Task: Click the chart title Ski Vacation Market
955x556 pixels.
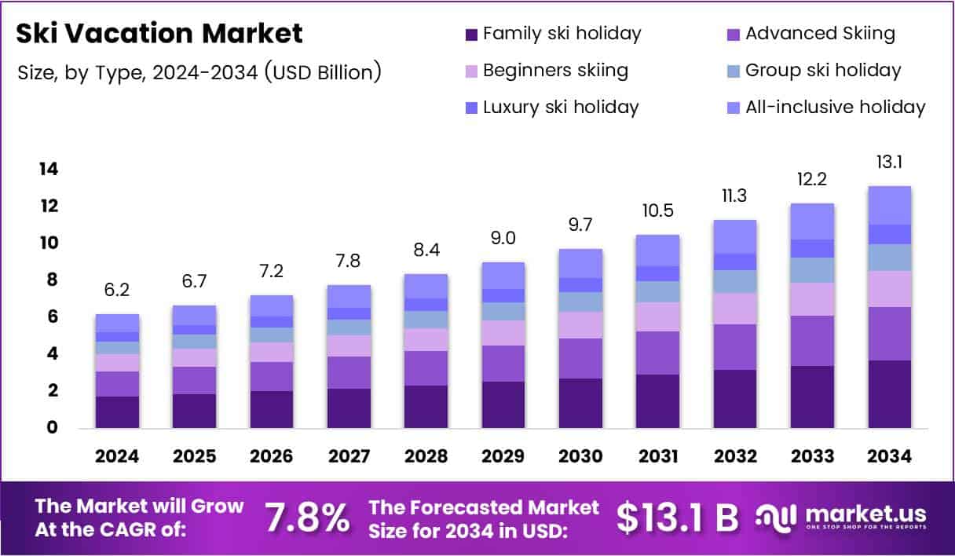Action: point(159,34)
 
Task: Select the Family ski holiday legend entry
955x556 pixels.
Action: point(553,34)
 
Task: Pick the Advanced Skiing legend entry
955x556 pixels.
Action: point(811,34)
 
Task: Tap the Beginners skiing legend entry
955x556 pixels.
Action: point(547,71)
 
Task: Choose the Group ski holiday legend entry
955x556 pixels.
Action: point(814,71)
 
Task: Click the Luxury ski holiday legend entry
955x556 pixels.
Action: point(551,107)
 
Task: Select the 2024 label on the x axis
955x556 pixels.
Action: point(117,457)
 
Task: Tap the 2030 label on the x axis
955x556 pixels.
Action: point(580,457)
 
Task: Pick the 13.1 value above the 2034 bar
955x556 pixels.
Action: point(890,162)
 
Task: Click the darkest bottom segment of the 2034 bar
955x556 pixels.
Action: point(890,394)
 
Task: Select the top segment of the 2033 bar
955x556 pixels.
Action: point(812,221)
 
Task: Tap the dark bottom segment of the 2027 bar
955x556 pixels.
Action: point(349,408)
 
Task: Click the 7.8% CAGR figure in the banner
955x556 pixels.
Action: point(307,518)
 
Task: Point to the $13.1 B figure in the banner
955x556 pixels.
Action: point(677,518)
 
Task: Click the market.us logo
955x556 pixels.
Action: point(841,518)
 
